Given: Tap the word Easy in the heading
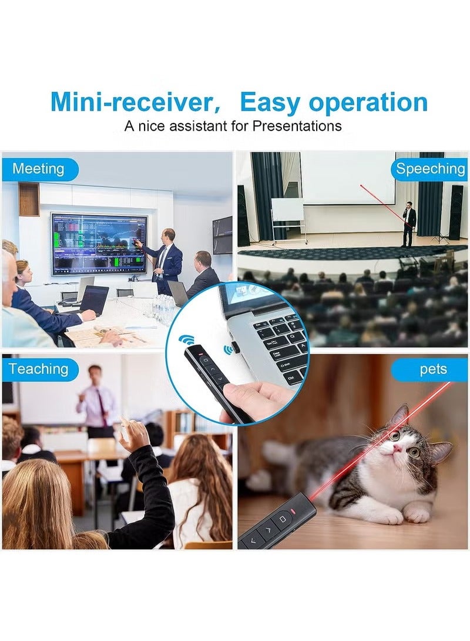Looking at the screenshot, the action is (x=270, y=102).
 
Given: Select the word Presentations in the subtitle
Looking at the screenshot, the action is (x=297, y=126).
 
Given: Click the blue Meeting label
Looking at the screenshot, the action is (x=39, y=169).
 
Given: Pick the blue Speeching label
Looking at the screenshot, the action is (x=429, y=169).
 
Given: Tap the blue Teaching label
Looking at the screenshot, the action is (x=39, y=369).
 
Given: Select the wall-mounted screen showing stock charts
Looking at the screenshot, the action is (x=99, y=243).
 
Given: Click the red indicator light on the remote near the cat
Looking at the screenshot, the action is (x=293, y=510).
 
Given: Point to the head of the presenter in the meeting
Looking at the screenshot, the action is (x=169, y=235).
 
